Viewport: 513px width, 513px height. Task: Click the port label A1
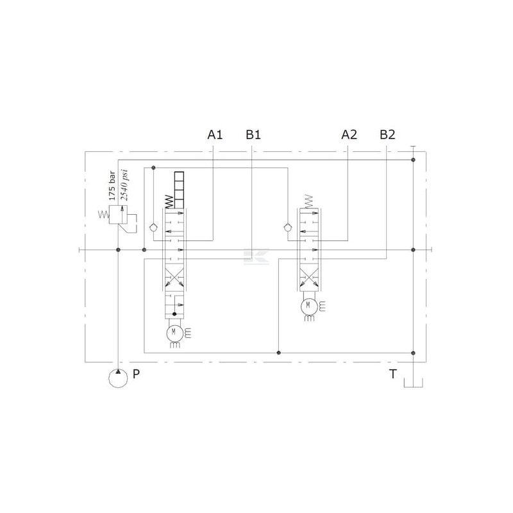[215, 135]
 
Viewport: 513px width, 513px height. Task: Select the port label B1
[253, 135]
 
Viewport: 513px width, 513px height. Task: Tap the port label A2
[349, 135]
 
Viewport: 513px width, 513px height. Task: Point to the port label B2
[387, 135]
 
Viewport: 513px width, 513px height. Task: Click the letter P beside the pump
[136, 374]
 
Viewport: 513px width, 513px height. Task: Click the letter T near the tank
[392, 374]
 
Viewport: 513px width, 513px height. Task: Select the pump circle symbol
[118, 378]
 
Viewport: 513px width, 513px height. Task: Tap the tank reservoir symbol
[413, 383]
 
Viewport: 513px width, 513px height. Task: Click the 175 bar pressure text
[112, 185]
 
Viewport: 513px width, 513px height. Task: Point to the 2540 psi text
[124, 185]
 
